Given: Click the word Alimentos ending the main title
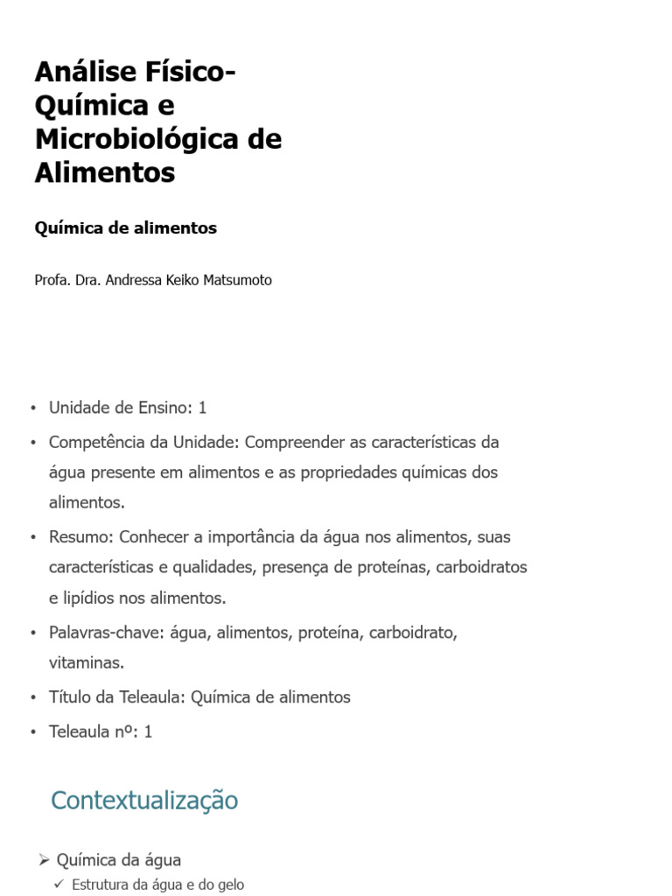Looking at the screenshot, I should click(x=105, y=173).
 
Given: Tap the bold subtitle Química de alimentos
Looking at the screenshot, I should click(x=125, y=228).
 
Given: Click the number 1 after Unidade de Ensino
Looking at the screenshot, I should click(x=202, y=408).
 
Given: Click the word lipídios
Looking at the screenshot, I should click(x=94, y=598).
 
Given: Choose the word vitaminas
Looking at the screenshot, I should click(x=86, y=662).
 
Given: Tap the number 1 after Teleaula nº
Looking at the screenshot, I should click(x=148, y=731).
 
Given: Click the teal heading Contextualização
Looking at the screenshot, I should click(x=144, y=800).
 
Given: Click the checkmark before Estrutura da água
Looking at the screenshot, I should click(x=59, y=885).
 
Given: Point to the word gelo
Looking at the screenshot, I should click(x=230, y=885).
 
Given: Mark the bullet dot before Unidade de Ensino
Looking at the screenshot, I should click(x=32, y=409).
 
